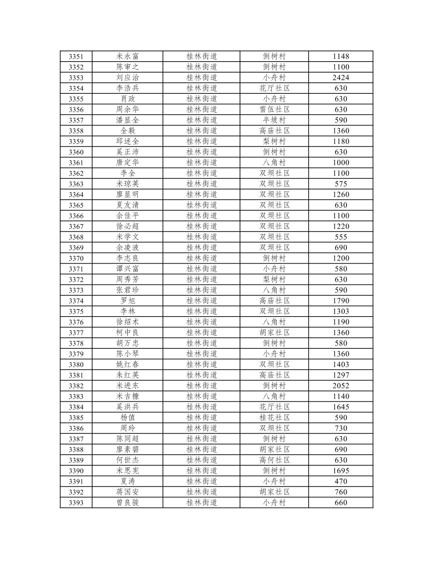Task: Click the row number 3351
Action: coord(76,56)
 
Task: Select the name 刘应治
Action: coord(128,78)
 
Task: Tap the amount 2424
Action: coord(341,78)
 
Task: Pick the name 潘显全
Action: coord(128,120)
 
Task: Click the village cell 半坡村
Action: coord(274,120)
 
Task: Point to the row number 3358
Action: coord(76,131)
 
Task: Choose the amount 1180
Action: coord(341,142)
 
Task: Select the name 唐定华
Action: coord(128,163)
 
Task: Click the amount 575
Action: coord(341,184)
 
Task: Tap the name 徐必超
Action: coord(128,226)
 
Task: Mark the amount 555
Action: coord(341,237)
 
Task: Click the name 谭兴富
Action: coord(128,269)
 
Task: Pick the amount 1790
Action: coord(341,301)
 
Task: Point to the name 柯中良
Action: coord(128,333)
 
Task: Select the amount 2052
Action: coord(341,386)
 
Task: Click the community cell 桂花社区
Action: coord(274,417)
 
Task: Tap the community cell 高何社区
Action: coord(274,460)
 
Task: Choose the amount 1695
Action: coord(341,471)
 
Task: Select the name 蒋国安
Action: coord(128,492)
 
